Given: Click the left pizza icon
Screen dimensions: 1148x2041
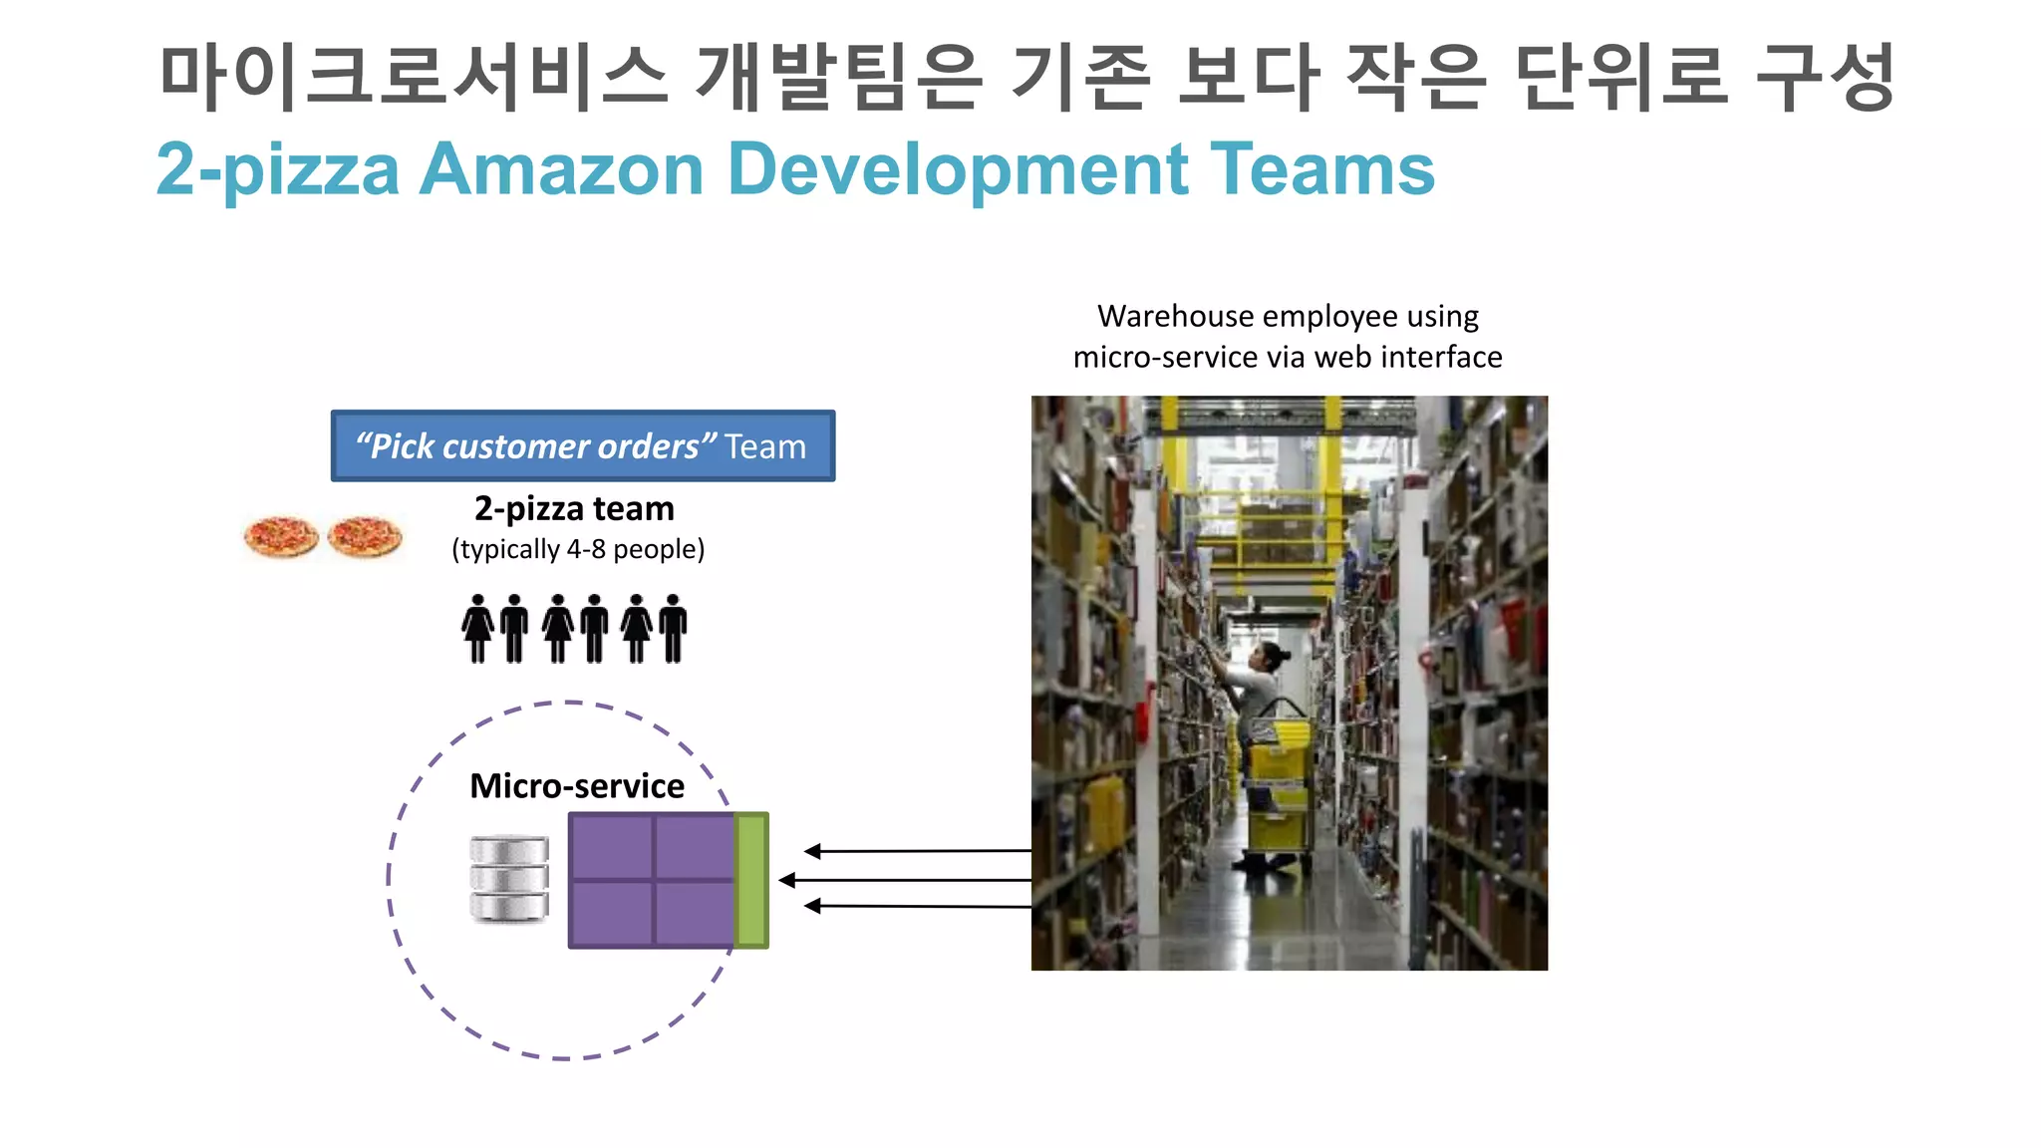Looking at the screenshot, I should pos(281,537).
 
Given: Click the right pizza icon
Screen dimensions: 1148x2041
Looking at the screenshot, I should pos(365,537).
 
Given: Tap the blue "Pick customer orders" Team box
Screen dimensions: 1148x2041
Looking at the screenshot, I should pos(583,445).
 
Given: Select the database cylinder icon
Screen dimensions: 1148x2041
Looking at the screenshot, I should pos(509,879).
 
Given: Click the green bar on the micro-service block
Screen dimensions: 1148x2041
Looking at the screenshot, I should pos(751,880).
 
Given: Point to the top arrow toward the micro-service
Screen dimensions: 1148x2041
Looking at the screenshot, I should pos(917,851).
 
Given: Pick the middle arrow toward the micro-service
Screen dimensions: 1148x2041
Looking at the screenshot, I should pos(904,880).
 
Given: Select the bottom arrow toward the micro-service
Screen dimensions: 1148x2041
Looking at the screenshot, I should pos(917,906).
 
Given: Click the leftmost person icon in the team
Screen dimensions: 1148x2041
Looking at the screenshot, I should pos(477,628).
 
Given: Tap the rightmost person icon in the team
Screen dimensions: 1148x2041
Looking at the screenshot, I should pos(674,628).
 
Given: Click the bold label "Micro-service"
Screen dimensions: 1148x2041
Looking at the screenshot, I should pos(577,786).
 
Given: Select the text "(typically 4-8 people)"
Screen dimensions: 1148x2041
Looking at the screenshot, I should pos(578,549).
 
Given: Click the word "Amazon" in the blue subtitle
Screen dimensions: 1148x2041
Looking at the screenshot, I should pos(562,169).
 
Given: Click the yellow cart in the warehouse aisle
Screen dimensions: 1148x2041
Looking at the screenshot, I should pos(1279,787).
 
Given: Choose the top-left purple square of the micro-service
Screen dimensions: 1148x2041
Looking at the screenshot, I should pos(612,847).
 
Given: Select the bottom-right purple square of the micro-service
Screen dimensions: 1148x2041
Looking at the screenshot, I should pos(695,913).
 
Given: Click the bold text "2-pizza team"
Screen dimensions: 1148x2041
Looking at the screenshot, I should pos(574,509).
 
